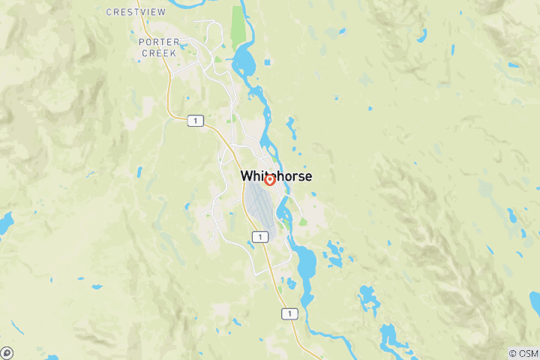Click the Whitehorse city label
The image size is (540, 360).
276,176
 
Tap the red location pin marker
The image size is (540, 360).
269,180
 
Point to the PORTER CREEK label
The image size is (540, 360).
157,47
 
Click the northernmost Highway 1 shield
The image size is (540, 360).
195,121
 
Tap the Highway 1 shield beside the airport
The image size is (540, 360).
259,237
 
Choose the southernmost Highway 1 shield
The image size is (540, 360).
289,314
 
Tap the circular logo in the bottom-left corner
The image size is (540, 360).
7,352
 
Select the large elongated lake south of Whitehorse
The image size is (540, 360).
306,262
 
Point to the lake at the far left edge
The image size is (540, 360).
5,222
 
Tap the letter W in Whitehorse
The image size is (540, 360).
246,176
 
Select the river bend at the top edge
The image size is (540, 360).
180,4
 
